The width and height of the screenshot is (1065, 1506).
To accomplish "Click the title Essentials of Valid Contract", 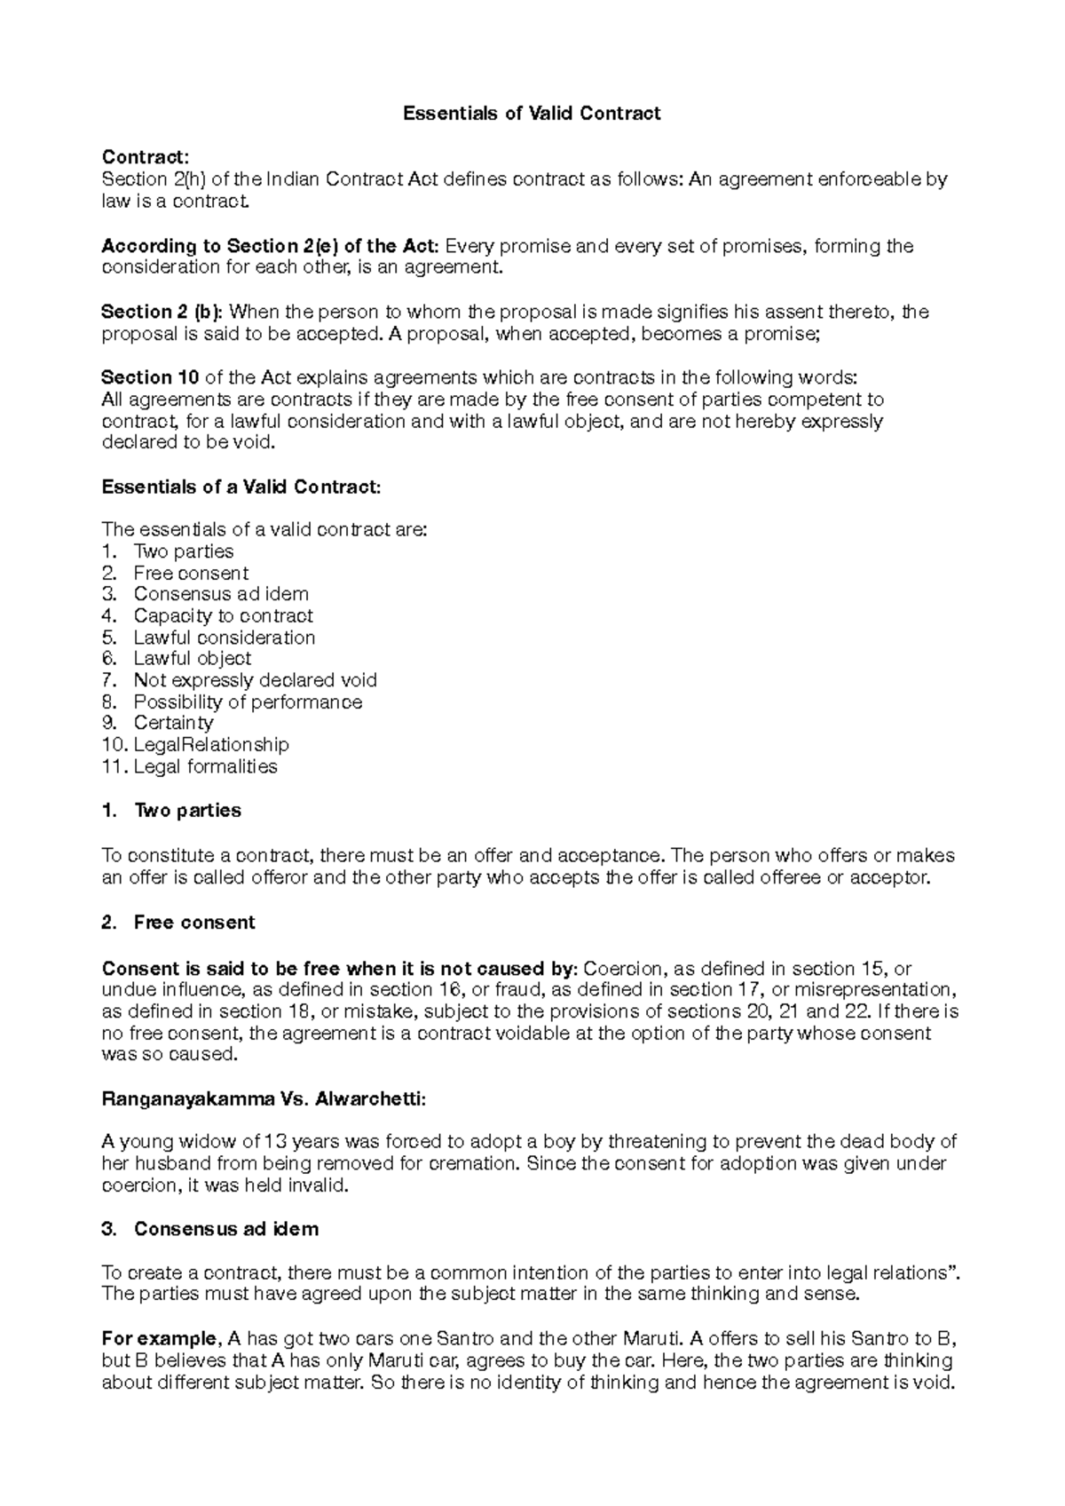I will [532, 114].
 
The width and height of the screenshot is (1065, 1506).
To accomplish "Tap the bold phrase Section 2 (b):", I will [163, 312].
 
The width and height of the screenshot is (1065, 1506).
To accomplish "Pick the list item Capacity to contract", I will [223, 615].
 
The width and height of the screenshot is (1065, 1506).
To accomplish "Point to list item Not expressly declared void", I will [255, 680].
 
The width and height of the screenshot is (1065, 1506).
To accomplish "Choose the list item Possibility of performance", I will [248, 701].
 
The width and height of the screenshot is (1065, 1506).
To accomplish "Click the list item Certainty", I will [173, 723].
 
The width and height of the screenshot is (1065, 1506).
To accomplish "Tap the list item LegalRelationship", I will [211, 744].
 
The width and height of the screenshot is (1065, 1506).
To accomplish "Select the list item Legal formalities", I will [205, 766].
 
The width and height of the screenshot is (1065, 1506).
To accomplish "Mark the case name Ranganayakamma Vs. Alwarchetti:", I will [264, 1099].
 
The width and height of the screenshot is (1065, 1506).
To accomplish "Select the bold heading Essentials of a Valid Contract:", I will [241, 487].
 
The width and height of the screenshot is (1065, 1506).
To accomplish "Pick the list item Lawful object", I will [192, 658].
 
